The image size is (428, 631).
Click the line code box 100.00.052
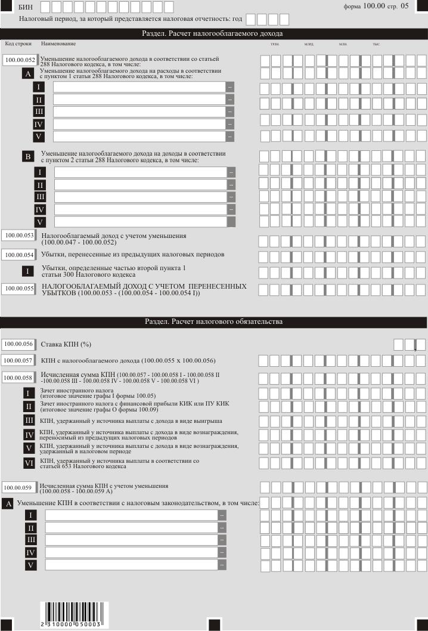pos(20,60)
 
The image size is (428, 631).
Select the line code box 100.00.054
pos(19,255)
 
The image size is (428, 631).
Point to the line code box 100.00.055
pos(19,288)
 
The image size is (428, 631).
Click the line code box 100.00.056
pos(18,344)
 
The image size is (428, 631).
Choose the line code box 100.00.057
pos(18,360)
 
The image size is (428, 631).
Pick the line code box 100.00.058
pos(18,378)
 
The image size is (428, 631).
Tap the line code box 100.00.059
pos(18,486)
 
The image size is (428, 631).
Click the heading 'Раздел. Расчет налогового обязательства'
pos(214,322)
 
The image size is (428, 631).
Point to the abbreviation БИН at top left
pos(25,7)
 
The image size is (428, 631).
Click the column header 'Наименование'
pos(58,44)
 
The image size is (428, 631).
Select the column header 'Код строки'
pos(18,44)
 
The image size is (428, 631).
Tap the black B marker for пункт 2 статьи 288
pos(27,157)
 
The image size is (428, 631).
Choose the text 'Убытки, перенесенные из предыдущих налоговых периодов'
pos(132,255)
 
